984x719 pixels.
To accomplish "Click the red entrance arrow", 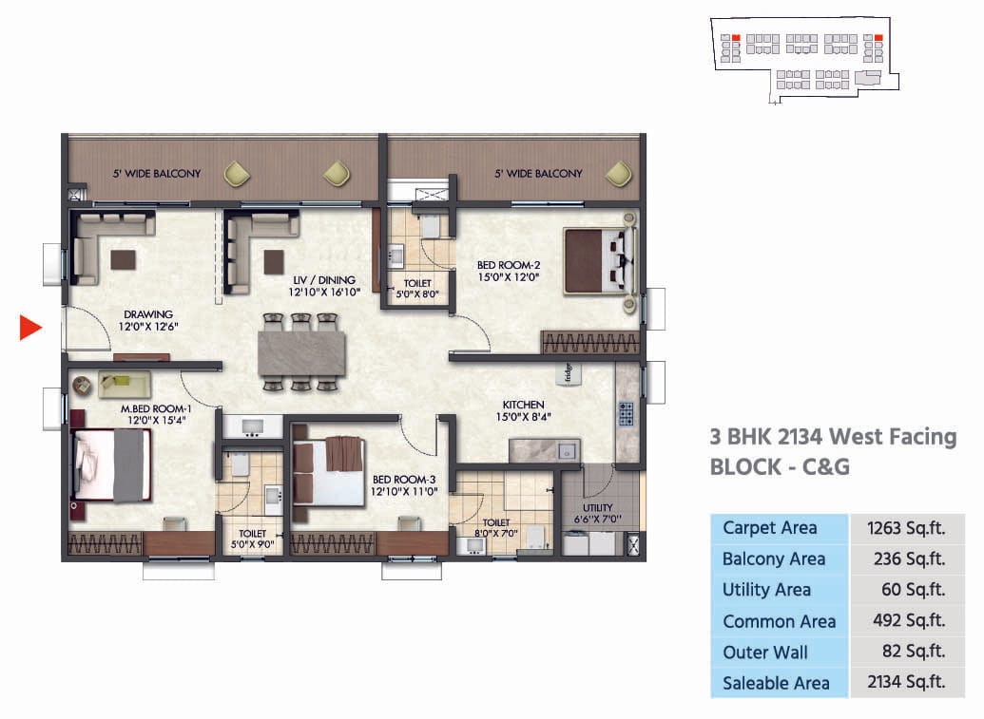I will pos(30,329).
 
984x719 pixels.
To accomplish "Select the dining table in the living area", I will pos(300,352).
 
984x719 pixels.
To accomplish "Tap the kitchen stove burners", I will pos(626,414).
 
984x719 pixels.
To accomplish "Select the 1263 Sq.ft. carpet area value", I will pos(906,528).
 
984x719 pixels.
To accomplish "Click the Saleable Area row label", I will pos(776,683).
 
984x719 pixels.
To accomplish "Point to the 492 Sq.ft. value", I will pos(908,621).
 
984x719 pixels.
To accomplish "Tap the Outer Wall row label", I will pos(765,653).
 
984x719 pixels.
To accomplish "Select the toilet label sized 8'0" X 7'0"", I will pos(496,528).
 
